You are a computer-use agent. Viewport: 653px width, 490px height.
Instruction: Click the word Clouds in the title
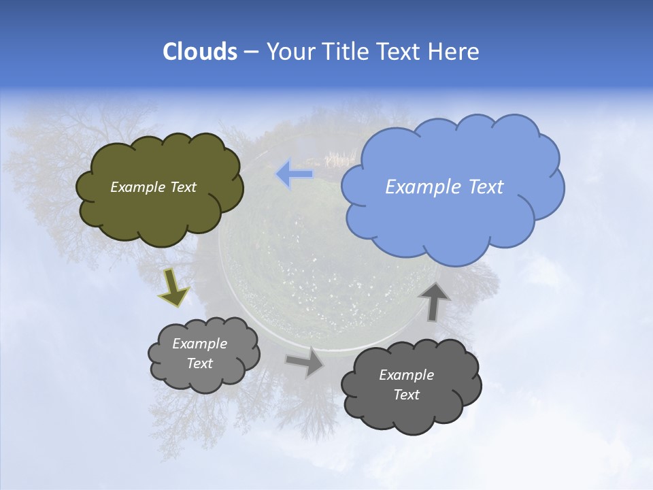tap(199, 52)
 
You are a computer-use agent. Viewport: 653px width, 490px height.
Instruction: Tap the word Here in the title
tap(455, 52)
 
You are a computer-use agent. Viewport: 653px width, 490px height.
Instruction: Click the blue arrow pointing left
tap(295, 174)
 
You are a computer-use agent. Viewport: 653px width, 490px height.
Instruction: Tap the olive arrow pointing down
tap(173, 287)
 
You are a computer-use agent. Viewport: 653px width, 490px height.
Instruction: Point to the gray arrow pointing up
tap(434, 301)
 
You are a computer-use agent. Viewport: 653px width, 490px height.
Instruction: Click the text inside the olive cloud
tap(153, 187)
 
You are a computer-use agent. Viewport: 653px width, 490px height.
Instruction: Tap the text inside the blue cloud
tap(444, 187)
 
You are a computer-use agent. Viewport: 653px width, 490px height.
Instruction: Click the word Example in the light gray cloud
tap(199, 344)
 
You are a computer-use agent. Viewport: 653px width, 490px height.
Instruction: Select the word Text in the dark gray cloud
tap(406, 395)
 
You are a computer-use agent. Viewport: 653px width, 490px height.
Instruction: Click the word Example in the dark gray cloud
tap(406, 375)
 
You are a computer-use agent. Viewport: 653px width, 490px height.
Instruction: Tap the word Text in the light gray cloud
tap(199, 363)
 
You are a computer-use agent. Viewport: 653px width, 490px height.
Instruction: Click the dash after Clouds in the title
tap(250, 52)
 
